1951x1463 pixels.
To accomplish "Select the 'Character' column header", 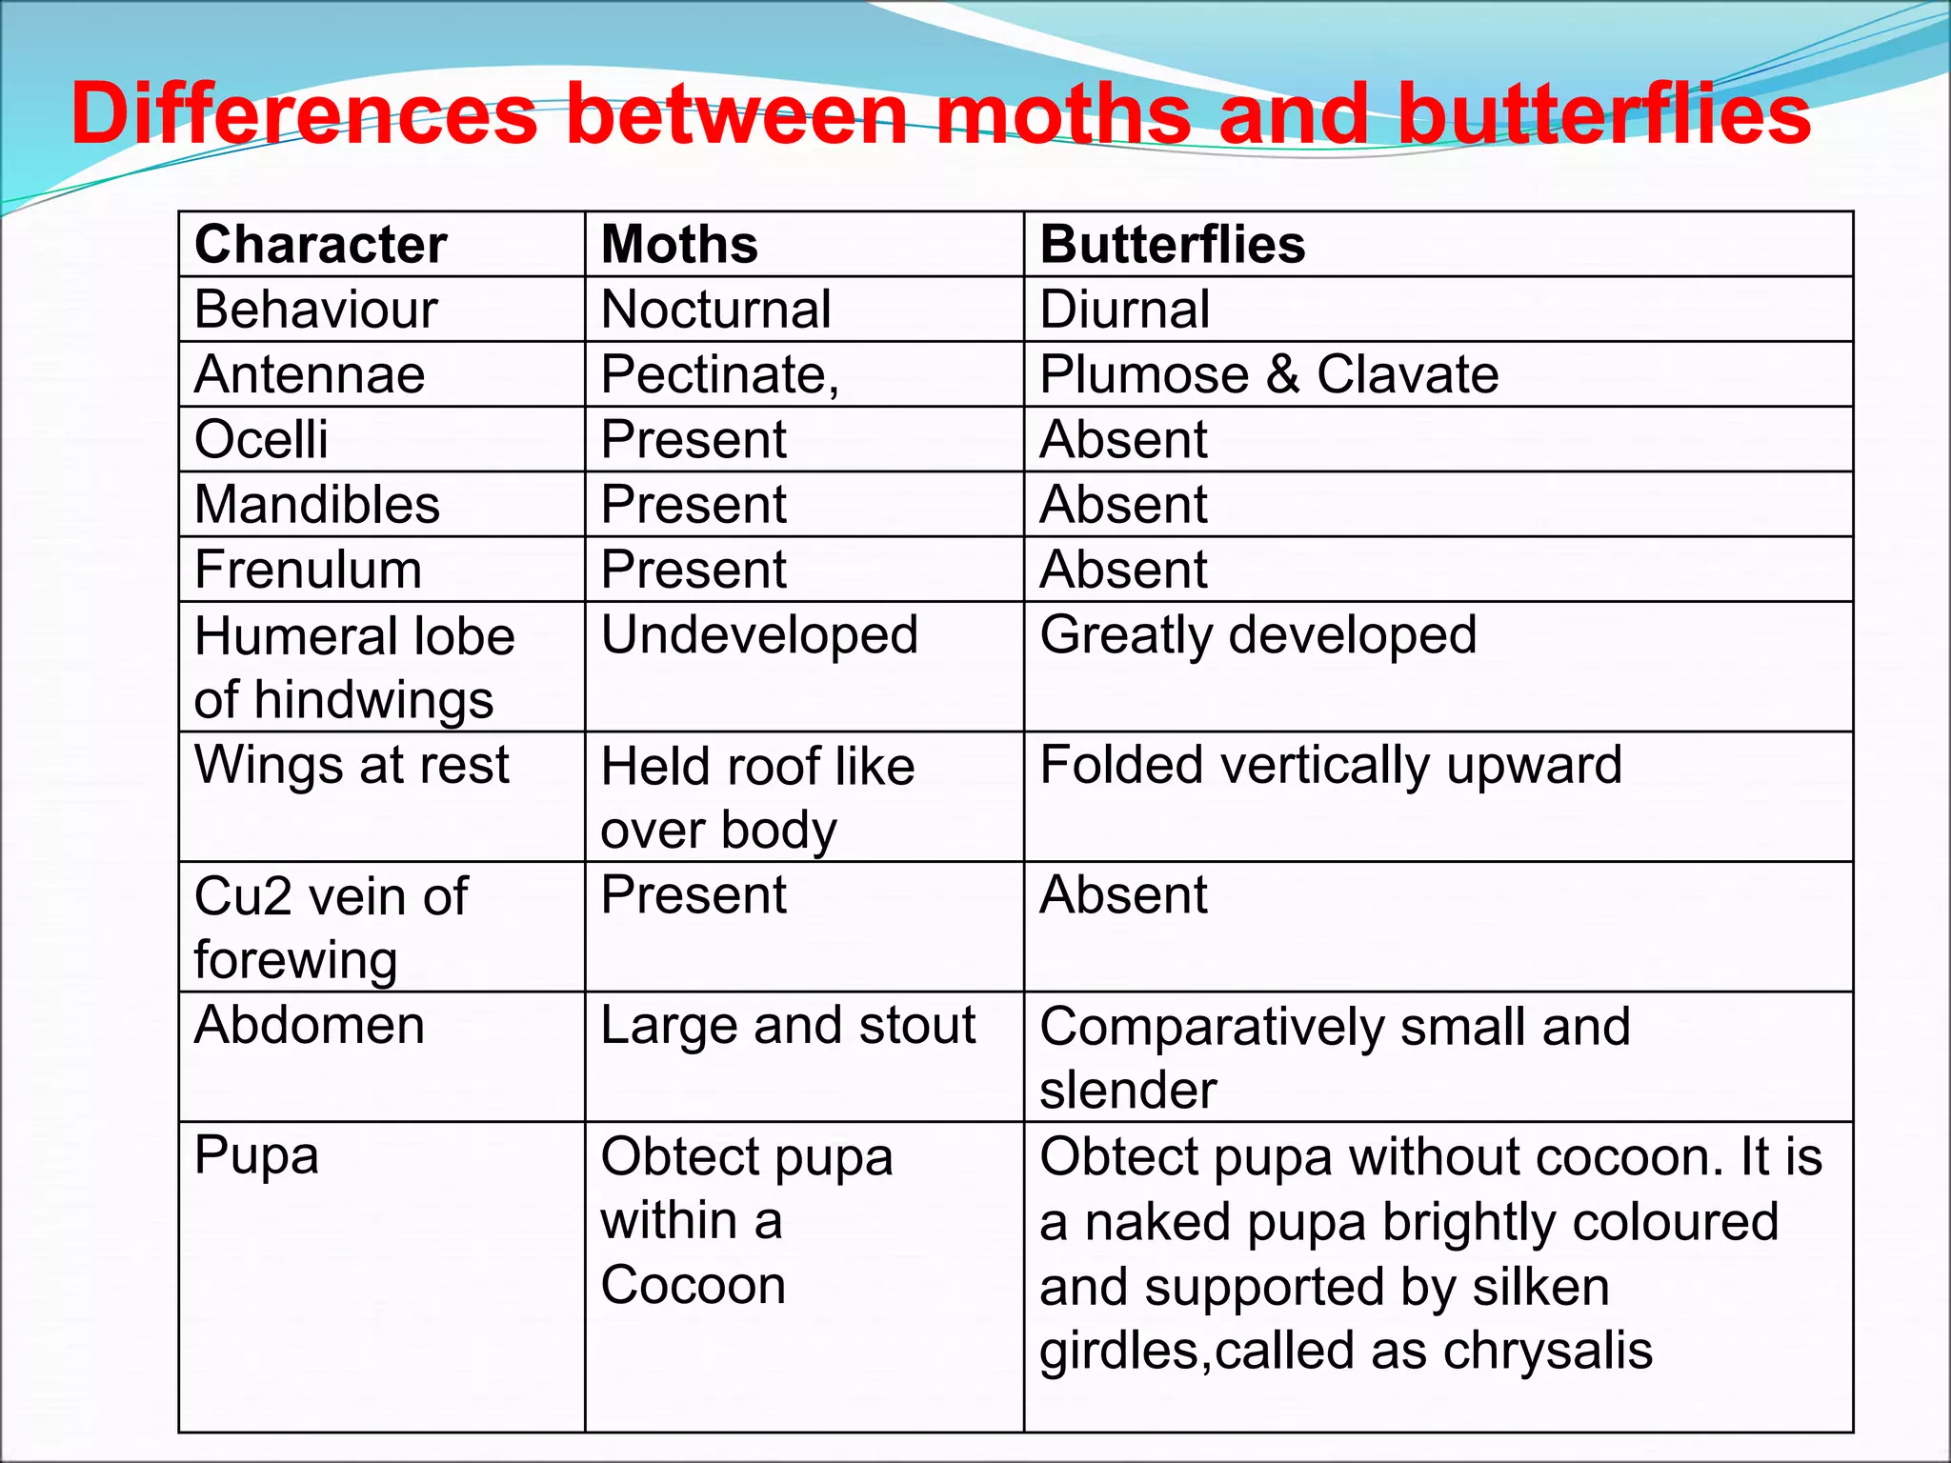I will [x=320, y=245].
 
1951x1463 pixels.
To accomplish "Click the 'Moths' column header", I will [x=679, y=245].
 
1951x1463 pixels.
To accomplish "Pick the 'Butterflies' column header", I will [x=1172, y=245].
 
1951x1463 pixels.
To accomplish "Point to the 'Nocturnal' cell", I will [x=716, y=310].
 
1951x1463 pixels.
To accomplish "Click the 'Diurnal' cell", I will [x=1124, y=310].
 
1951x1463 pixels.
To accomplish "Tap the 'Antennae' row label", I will [x=310, y=374].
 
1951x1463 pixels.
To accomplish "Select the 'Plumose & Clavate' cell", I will [x=1268, y=374].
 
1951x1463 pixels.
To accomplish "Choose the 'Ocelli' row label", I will [x=261, y=439].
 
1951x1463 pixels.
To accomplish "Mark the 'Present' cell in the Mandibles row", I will [x=694, y=504].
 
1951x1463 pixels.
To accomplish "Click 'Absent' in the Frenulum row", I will [x=1123, y=570].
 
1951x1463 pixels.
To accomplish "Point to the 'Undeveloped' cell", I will [x=759, y=635].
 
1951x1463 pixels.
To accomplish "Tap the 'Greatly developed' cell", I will [x=1257, y=635].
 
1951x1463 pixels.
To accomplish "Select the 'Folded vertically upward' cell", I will [x=1330, y=765].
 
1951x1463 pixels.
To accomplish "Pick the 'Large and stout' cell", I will [x=788, y=1026].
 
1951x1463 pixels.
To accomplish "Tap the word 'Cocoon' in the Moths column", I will [x=693, y=1285].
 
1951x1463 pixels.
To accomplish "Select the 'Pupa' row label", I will [x=256, y=1156].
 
